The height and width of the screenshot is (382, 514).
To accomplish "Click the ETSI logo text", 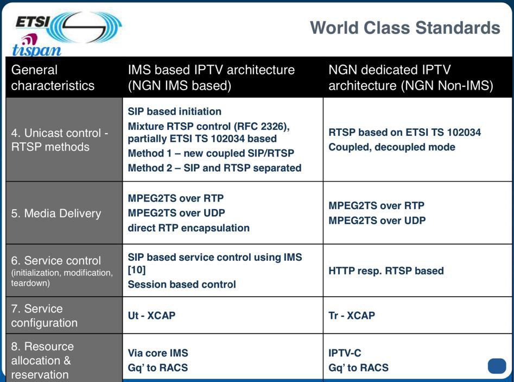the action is [x=33, y=23].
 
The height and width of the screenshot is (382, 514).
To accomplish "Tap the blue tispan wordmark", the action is [x=37, y=50].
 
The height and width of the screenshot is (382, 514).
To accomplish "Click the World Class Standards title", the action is [x=405, y=28].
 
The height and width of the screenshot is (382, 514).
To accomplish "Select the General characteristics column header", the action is [x=53, y=78].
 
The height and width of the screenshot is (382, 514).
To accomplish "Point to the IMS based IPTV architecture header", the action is [x=211, y=78].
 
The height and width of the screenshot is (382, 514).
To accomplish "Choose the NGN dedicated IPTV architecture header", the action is [x=411, y=78].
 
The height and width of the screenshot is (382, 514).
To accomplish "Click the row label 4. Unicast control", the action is [x=60, y=140].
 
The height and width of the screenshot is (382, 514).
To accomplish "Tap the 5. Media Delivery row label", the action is [x=56, y=214].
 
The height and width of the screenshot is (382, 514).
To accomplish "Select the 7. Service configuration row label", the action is [x=45, y=316].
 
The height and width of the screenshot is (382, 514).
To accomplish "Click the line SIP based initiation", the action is [x=174, y=111].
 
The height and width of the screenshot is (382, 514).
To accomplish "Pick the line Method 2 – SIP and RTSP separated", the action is [x=214, y=168].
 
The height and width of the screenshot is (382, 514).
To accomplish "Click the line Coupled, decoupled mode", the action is [x=392, y=147].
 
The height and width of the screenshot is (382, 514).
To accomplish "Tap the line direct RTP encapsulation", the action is [x=188, y=228].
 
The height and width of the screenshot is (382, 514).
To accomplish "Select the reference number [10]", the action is [x=137, y=270].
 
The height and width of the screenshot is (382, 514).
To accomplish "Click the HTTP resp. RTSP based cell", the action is [x=386, y=271].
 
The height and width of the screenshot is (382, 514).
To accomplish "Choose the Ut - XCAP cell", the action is [x=151, y=315].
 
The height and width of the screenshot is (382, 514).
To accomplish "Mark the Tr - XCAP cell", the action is [x=352, y=315].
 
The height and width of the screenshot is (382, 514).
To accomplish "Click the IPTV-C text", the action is [x=345, y=353].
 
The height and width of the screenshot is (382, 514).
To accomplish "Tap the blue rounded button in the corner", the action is [x=497, y=366].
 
